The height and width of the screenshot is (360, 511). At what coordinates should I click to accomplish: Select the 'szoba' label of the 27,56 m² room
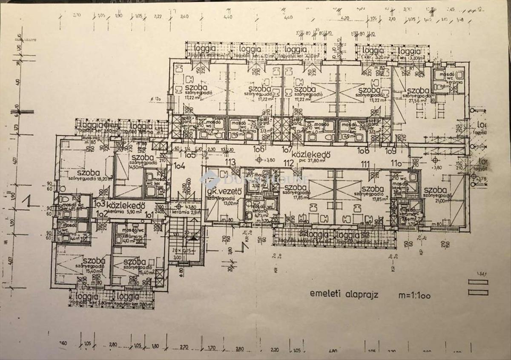(x=417, y=91)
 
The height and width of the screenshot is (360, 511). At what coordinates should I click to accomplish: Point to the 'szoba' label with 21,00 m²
(x=435, y=190)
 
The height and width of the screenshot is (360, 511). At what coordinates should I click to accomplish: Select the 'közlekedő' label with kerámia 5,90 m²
(x=126, y=205)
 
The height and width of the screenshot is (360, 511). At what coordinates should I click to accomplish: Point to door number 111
(x=365, y=164)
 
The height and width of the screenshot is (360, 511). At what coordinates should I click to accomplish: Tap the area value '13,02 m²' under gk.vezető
(x=224, y=202)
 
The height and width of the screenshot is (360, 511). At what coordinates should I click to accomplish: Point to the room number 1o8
(x=363, y=150)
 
